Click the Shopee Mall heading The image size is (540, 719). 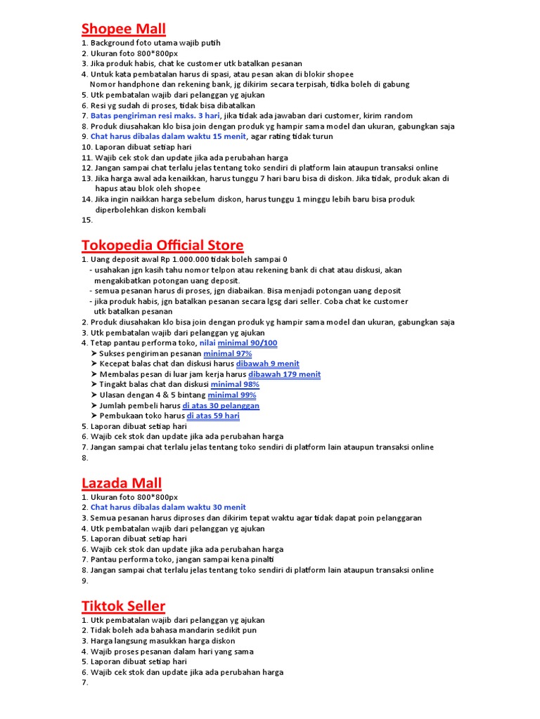tap(124, 29)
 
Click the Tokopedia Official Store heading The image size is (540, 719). tap(162, 245)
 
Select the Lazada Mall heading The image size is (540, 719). tap(122, 483)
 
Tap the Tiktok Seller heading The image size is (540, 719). tap(123, 605)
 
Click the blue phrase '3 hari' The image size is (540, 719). tap(209, 116)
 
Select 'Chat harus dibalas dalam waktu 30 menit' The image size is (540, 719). tap(168, 507)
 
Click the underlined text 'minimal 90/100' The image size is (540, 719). tap(247, 343)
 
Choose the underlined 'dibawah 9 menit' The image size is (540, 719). tap(267, 364)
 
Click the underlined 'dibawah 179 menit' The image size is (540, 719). tap(284, 374)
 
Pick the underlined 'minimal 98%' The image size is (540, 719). tap(235, 384)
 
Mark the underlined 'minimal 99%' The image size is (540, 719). tap(231, 395)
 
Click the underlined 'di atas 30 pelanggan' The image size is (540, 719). tap(221, 405)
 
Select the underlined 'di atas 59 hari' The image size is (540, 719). tap(213, 416)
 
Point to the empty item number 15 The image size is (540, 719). tap(87, 220)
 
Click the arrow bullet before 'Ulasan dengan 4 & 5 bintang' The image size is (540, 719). tap(94, 395)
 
